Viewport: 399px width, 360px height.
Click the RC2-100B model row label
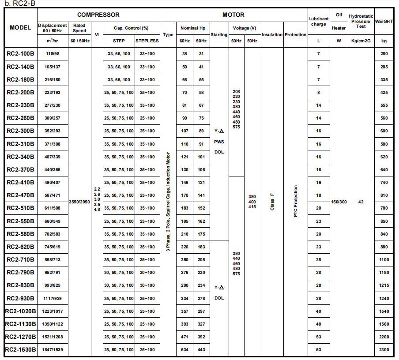pos(20,54)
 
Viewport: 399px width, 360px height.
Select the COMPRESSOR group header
pos(98,15)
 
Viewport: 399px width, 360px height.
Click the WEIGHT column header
pos(384,21)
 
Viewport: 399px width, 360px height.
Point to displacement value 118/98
pos(53,54)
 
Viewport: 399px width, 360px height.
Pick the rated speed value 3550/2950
pos(79,202)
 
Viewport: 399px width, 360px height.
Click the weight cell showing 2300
pos(384,350)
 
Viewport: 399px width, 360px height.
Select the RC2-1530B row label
pos(20,350)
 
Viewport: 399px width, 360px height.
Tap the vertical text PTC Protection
pos(295,201)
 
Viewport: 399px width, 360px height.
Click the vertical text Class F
pos(272,201)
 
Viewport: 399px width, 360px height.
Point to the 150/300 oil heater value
pos(339,202)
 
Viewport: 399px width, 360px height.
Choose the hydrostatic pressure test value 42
pos(361,202)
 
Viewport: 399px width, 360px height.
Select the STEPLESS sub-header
pos(147,41)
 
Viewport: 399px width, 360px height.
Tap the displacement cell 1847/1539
pos(53,350)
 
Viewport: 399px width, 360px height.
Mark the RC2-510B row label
pos(20,208)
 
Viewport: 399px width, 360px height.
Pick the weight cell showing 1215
pos(384,285)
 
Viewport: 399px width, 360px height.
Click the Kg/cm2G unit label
pos(361,41)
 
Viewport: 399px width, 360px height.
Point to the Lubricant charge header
pos(318,21)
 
